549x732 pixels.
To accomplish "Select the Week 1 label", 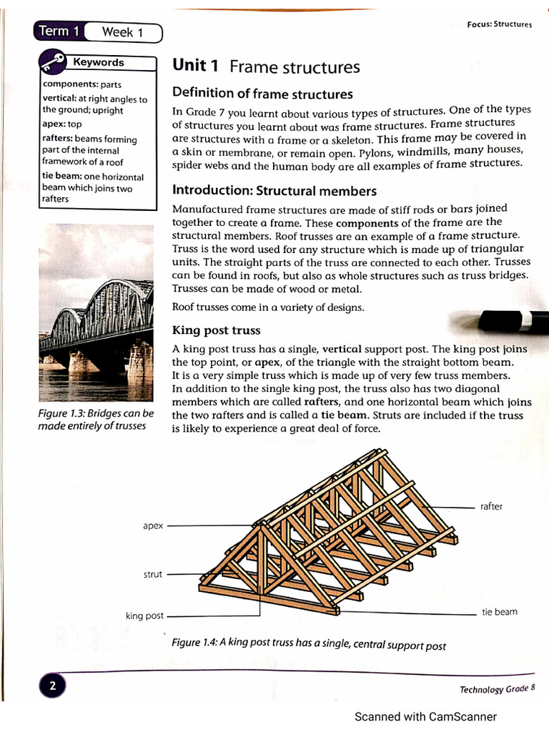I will pos(122,32).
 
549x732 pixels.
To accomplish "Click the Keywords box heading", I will pos(99,62).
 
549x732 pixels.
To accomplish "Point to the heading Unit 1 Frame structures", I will pos(266,66).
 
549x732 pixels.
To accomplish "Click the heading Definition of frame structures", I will pos(262,93).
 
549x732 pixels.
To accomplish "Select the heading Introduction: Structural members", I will pos(274,191).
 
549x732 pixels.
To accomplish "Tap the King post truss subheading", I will pos(216,330).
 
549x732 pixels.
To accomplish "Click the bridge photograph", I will pos(96,313).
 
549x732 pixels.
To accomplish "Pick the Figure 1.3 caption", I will pos(96,420).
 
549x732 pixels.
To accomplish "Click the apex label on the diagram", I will pos(153,525).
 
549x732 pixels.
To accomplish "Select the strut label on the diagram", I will pos(152,574).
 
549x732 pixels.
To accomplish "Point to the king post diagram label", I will pos(144,615).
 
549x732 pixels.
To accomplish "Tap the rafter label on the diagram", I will pos(491,506).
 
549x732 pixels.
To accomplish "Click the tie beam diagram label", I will pos(499,612).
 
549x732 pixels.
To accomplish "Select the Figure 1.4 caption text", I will pos(309,643).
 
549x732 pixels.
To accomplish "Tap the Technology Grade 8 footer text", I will pos(497,688).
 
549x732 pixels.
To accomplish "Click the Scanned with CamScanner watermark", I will pos(425,716).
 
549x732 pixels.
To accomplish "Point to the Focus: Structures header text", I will pos(499,24).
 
